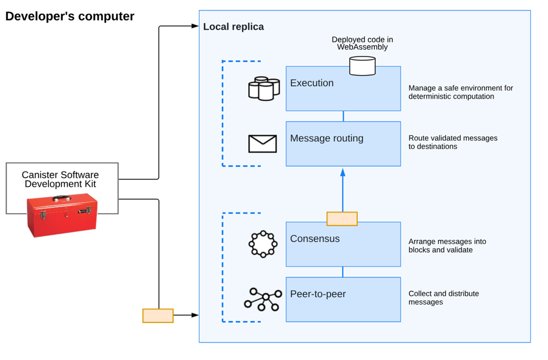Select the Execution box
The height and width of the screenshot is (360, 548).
tap(343, 89)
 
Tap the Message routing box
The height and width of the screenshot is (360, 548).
tap(343, 144)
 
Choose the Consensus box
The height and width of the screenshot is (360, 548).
tap(343, 244)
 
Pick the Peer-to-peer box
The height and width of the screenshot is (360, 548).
tap(343, 299)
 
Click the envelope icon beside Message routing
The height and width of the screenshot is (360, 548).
tap(262, 144)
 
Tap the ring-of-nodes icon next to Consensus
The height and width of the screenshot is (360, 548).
tap(263, 244)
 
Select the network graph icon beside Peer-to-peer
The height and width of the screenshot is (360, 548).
tap(263, 299)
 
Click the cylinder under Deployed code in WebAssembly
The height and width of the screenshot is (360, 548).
tap(362, 66)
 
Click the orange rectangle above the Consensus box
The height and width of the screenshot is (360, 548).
tap(342, 219)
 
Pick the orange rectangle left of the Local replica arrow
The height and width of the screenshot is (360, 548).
tap(158, 315)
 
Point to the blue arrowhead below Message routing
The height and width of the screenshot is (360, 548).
tap(343, 172)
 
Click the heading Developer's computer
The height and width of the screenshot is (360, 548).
tap(70, 16)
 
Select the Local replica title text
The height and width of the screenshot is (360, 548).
tap(233, 27)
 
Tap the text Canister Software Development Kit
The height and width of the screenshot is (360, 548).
tap(60, 179)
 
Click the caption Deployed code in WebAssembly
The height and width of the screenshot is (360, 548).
tap(362, 43)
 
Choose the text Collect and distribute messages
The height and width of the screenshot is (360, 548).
tap(444, 298)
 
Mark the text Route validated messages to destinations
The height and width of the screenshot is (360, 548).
tap(453, 142)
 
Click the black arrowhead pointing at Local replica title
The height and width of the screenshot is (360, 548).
tap(196, 26)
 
